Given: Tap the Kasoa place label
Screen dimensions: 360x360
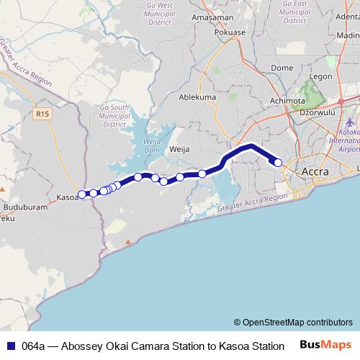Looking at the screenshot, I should [66, 197].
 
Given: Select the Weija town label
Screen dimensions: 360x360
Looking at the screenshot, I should [179, 149].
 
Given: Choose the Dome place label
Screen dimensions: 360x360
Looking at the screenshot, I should [282, 68].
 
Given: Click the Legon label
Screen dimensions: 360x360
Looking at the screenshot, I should [320, 76].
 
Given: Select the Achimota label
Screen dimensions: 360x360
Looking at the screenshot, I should [287, 101].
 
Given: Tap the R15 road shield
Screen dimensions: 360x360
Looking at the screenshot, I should [42, 113].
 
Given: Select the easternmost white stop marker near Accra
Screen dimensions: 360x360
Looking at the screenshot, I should [278, 163].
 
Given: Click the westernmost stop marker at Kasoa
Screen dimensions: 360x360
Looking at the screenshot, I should [82, 194].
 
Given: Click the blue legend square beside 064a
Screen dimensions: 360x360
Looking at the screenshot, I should [9, 346].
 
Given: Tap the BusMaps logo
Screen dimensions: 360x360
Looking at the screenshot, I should [326, 345].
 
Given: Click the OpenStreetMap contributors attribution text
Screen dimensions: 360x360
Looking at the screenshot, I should [292, 322].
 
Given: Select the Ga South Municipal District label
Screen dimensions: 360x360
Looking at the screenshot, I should [115, 115].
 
